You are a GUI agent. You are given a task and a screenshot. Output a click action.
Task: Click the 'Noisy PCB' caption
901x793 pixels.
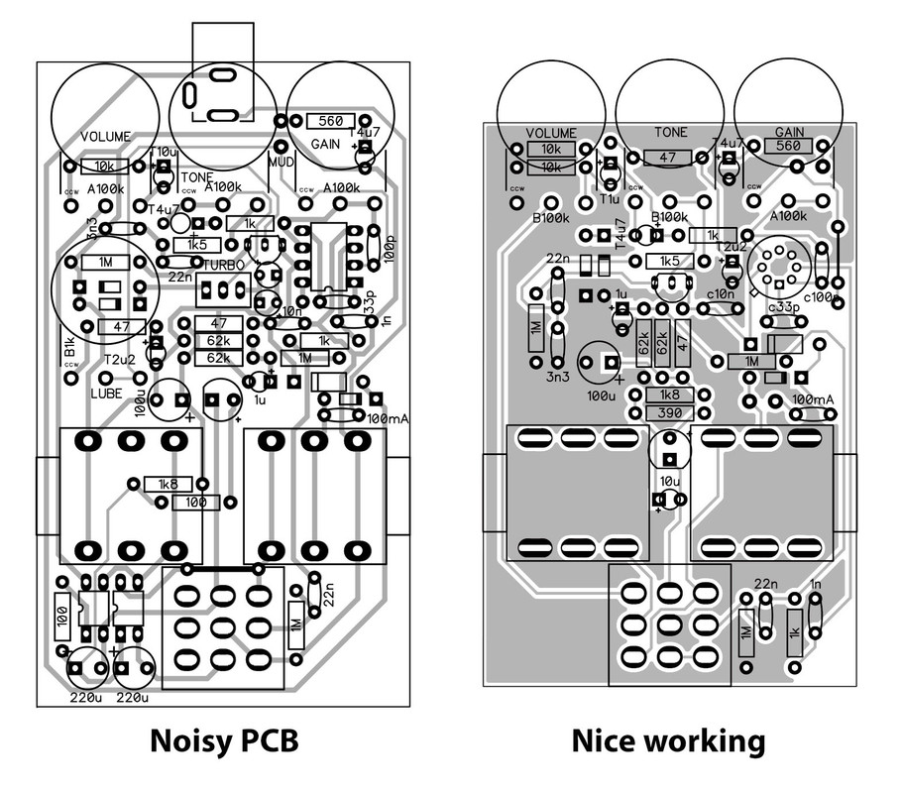[x=223, y=741]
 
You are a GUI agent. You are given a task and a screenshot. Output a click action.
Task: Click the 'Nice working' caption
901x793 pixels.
[x=667, y=741]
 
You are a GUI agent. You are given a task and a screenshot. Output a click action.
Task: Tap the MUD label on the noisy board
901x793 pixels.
[x=280, y=160]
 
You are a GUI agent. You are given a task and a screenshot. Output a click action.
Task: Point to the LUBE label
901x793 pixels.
[x=106, y=393]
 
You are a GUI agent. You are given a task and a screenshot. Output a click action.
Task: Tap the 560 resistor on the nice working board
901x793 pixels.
[x=789, y=145]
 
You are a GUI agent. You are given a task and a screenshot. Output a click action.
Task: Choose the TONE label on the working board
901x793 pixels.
[x=671, y=132]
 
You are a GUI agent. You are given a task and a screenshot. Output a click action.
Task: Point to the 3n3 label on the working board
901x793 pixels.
[x=558, y=376]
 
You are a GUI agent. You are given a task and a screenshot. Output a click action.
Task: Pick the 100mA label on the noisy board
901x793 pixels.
[x=388, y=419]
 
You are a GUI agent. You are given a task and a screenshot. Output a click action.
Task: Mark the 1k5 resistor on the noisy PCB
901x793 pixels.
[x=196, y=244]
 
